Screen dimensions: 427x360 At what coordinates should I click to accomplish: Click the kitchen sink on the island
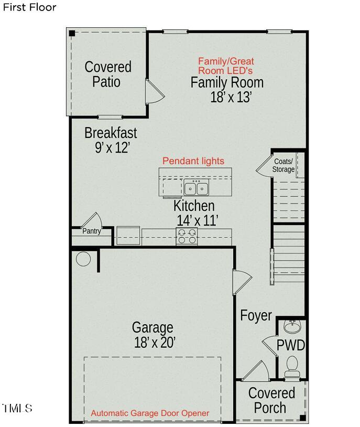[x=196, y=187]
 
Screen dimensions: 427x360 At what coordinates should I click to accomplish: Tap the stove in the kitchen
[x=187, y=237]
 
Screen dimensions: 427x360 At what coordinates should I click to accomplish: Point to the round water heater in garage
[x=83, y=259]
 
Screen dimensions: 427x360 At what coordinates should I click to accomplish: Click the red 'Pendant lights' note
[x=193, y=161]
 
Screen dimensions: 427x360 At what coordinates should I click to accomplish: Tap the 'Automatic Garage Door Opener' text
[x=150, y=413]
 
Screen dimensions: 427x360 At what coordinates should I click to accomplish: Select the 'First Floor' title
[x=29, y=7]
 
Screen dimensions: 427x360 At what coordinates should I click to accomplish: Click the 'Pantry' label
[x=91, y=231]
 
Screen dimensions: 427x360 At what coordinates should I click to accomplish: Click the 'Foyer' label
[x=256, y=315]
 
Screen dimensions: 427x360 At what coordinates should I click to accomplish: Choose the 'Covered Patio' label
[x=107, y=74]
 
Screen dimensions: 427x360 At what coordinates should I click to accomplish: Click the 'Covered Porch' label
[x=271, y=400]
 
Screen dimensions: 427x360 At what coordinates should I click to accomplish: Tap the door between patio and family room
[x=155, y=93]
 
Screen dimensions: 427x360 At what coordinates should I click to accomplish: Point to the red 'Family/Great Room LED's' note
[x=225, y=66]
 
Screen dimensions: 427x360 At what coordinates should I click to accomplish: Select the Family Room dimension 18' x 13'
[x=231, y=97]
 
